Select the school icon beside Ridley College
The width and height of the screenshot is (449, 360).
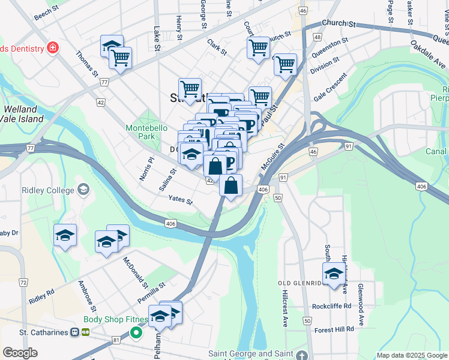tap(83, 190)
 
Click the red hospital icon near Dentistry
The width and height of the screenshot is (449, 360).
tap(53, 47)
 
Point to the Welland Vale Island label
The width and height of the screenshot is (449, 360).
tap(23, 114)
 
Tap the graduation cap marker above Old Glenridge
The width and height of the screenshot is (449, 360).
tap(333, 274)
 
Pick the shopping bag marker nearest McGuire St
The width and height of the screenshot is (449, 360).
tap(231, 185)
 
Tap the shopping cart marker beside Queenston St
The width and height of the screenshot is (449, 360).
tap(285, 64)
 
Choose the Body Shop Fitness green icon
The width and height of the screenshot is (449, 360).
tap(136, 331)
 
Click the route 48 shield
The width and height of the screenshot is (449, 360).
tap(316, 37)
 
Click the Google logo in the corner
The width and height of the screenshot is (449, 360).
tap(20, 353)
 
